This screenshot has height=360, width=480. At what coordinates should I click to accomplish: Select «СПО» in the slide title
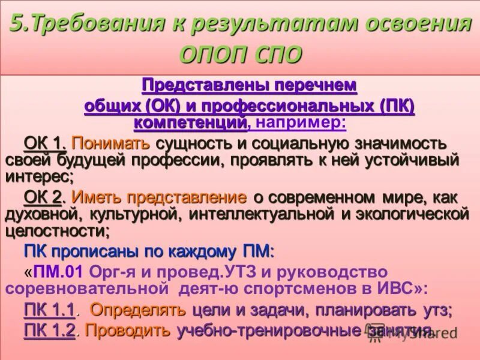277,55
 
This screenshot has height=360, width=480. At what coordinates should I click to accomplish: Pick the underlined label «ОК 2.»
46,197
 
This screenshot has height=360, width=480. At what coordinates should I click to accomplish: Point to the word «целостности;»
58,230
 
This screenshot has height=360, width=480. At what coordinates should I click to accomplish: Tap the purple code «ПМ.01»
58,271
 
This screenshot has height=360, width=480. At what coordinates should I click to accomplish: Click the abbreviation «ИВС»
394,288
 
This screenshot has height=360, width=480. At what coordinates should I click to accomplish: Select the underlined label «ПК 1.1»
49,310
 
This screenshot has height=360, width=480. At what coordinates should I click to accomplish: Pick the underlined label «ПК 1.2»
49,329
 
